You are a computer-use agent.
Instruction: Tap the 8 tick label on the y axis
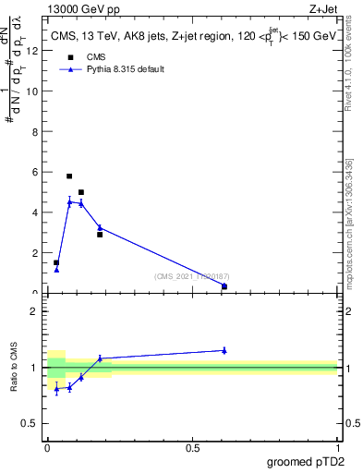35,131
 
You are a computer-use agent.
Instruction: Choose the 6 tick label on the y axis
35,172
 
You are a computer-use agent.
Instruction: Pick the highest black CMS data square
69,176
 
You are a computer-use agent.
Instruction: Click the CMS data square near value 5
81,192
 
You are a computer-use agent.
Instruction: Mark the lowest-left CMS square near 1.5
56,262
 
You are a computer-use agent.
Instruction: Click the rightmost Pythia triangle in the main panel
224,286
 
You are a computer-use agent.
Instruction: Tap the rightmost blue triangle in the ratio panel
224,350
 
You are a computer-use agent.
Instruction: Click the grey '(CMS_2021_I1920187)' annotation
190,275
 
